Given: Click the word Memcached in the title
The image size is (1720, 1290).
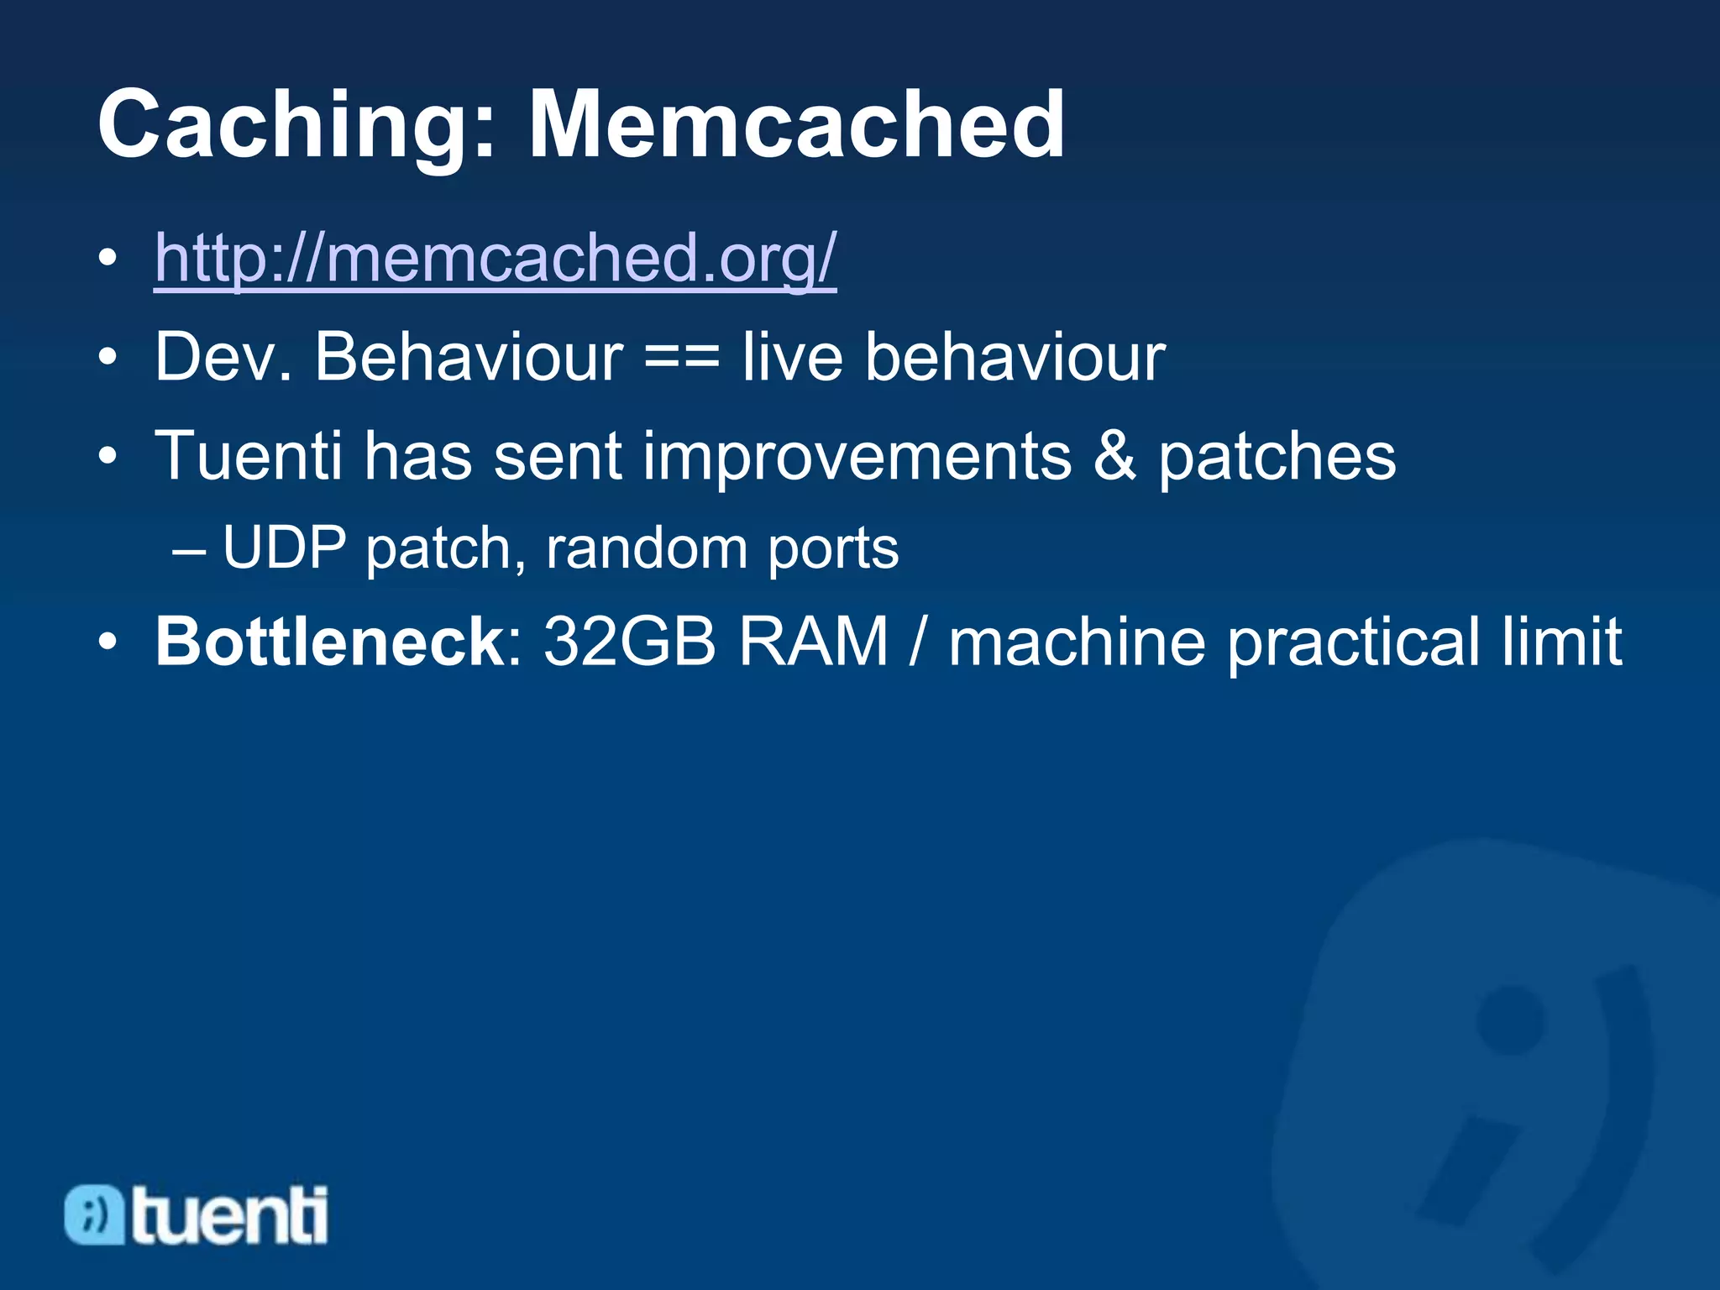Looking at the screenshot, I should pos(796,126).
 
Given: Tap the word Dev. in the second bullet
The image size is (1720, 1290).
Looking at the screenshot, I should pos(223,358).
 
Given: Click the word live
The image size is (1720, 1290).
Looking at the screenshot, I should pos(792,358).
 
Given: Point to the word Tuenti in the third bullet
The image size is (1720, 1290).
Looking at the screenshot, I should pos(249,456).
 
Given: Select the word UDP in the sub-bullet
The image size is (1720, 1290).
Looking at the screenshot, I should pos(285,548).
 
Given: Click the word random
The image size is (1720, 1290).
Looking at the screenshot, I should pos(646,548).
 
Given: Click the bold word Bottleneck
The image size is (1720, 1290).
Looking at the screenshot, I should pos(329,642).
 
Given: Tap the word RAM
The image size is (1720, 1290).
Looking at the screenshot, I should pos(813,642).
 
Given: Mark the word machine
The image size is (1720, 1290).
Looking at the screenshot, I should pos(1078,642).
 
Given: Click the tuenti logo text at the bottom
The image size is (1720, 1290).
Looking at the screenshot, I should pos(228,1214).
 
